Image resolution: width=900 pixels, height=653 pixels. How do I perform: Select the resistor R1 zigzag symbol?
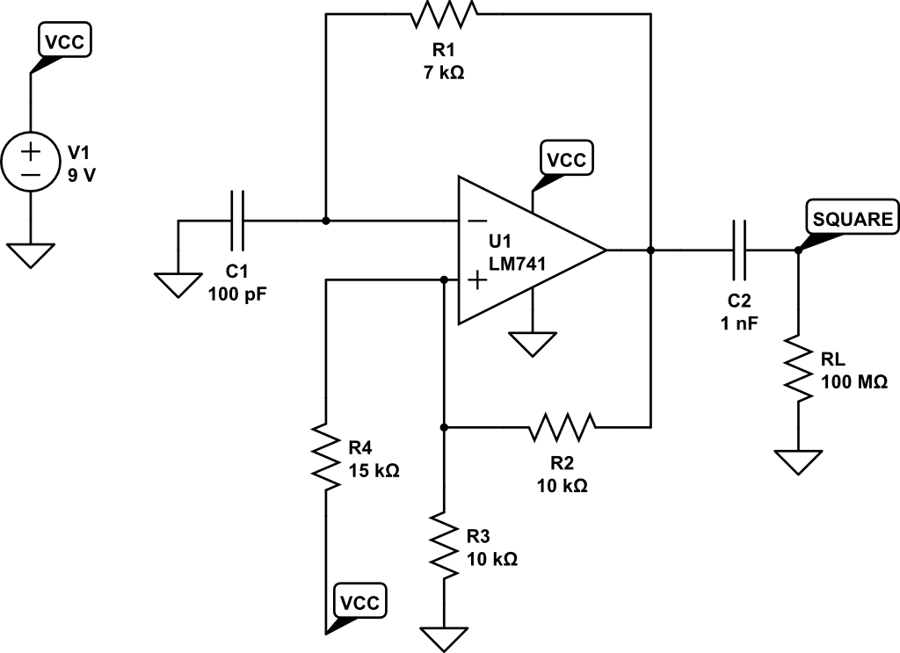pos(445,15)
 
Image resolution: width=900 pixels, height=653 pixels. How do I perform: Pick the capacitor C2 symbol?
pos(738,250)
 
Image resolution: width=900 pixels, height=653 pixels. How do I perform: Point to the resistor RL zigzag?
pos(798,368)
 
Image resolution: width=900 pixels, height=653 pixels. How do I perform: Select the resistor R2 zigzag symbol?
pos(562,427)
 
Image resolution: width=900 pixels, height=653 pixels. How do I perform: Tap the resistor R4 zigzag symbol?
pos(325,456)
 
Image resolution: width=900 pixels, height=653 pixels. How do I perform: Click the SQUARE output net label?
pos(853,220)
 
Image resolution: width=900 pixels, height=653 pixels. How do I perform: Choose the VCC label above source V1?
pos(65,40)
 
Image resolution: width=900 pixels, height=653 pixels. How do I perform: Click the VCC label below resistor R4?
pos(360,603)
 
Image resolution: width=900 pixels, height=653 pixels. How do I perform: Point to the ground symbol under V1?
pos(31,255)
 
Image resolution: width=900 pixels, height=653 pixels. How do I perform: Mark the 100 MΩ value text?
pos(853,382)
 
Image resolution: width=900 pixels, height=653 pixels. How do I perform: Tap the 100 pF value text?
pos(237,294)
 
